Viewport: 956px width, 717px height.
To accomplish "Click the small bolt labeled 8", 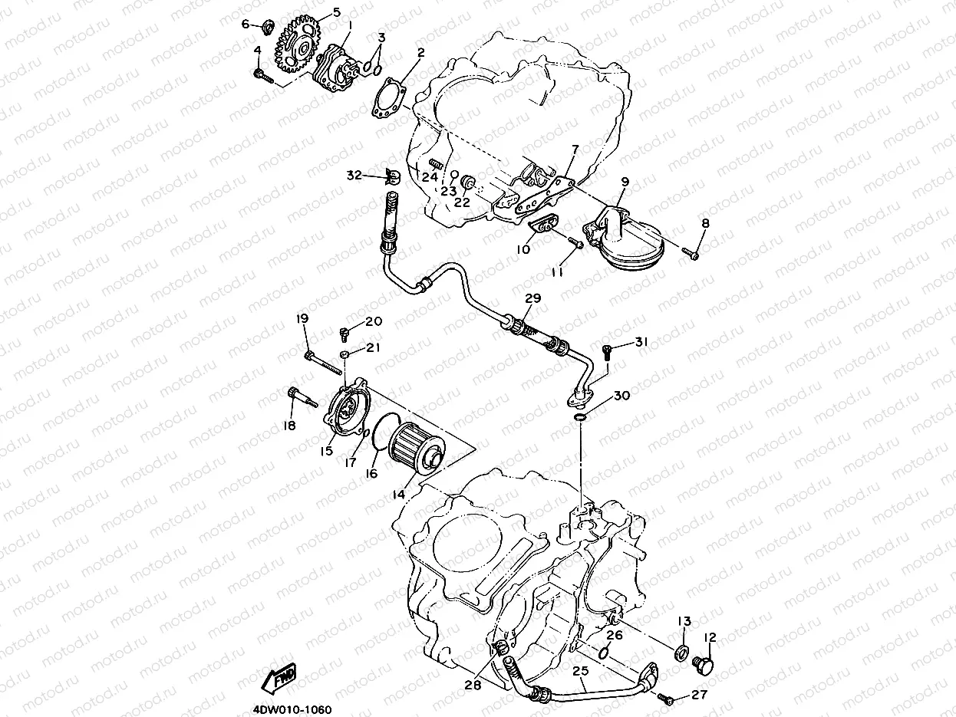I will point(692,252).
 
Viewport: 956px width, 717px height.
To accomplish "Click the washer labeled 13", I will point(681,653).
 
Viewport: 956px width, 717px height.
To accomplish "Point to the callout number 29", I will point(533,298).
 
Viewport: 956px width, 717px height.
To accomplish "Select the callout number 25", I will point(581,672).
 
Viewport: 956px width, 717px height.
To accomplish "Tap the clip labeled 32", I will point(391,178).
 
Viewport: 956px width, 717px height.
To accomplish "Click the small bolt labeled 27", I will point(665,699).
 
